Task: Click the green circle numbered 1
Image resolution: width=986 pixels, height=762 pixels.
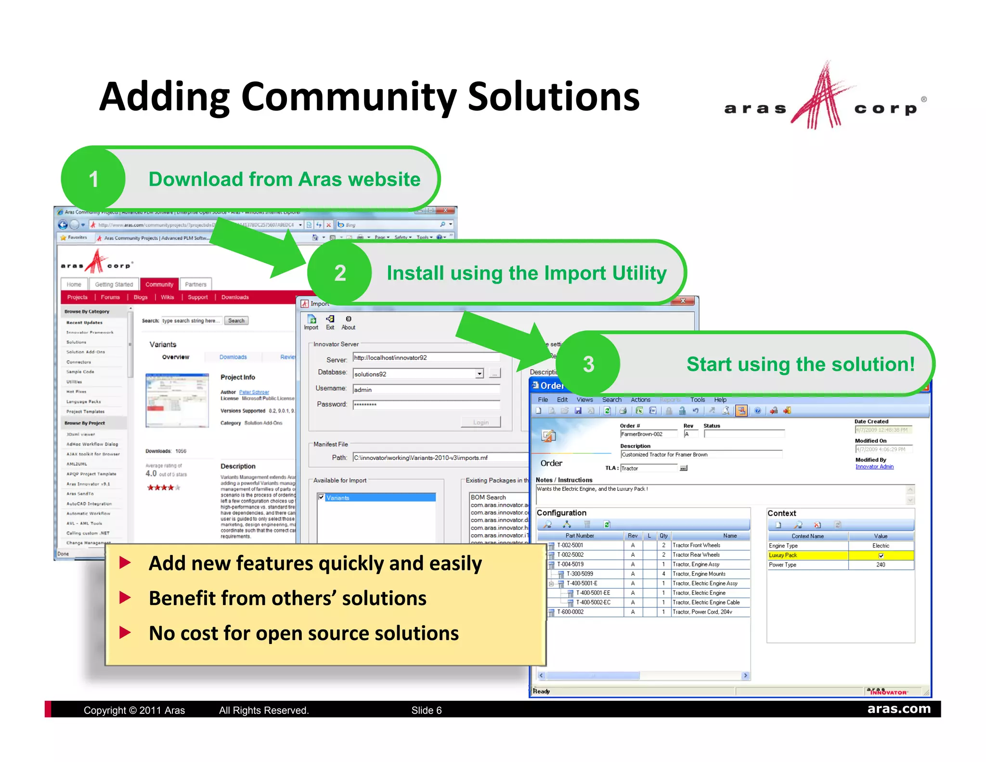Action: click(x=94, y=179)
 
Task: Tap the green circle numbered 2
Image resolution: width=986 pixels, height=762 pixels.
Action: click(x=340, y=273)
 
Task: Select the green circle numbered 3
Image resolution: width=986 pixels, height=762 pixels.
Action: click(x=588, y=364)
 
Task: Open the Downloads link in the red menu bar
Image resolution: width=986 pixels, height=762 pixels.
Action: click(x=235, y=297)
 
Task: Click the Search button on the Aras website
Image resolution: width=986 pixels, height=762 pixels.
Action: click(x=236, y=321)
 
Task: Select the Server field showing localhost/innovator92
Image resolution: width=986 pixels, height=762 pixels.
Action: click(x=426, y=357)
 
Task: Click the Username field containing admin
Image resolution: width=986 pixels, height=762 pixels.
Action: click(x=426, y=390)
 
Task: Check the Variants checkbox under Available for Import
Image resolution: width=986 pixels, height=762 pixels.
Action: click(x=321, y=497)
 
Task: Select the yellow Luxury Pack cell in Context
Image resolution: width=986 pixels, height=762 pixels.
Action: click(x=807, y=555)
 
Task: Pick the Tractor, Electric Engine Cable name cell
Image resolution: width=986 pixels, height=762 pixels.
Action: click(x=706, y=603)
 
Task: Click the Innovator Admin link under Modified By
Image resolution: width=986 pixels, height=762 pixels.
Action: click(x=874, y=467)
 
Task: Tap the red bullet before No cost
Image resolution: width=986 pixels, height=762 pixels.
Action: click(x=125, y=633)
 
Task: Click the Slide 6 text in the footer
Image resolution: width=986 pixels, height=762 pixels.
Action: click(x=426, y=710)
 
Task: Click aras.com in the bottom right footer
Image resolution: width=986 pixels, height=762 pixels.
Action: click(x=898, y=709)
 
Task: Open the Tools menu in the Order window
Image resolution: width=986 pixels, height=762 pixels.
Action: click(x=697, y=400)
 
